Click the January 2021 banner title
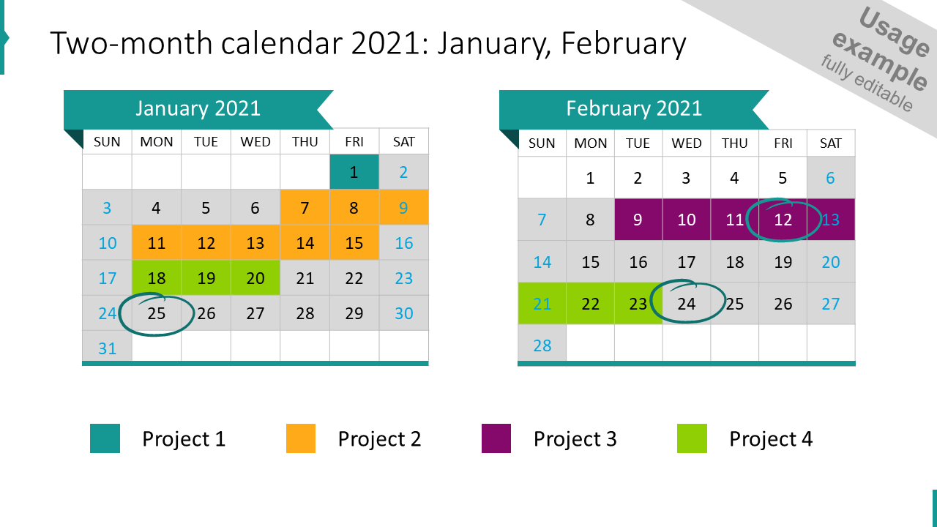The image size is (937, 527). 198,108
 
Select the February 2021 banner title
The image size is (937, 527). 634,109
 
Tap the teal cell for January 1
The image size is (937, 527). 354,172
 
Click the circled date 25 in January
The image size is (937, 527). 157,313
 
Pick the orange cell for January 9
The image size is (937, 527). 403,208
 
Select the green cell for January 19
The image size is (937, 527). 206,278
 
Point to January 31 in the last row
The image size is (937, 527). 108,348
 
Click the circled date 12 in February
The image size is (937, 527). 783,220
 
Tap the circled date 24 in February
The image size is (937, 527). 687,303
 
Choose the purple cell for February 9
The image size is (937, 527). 638,220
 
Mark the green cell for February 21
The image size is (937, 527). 542,303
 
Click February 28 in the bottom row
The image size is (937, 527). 542,345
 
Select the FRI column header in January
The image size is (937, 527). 354,142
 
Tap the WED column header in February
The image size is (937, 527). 687,143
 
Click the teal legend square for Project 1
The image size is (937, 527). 105,438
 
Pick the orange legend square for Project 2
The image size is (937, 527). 301,438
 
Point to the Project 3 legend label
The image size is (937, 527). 575,439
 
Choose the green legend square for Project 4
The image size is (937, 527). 693,438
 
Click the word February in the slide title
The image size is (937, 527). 624,44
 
